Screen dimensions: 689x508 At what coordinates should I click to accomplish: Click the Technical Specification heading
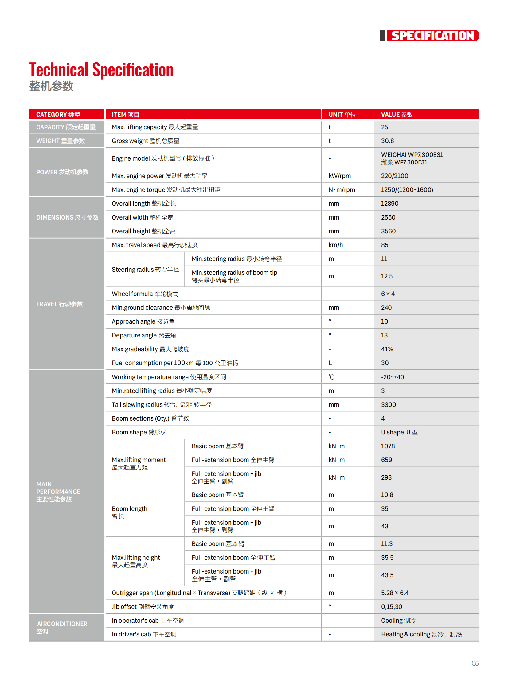(101, 70)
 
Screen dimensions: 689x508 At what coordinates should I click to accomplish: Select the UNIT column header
(342, 114)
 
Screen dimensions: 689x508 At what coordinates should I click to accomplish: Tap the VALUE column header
(397, 114)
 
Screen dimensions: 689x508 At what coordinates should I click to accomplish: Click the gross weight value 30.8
(388, 141)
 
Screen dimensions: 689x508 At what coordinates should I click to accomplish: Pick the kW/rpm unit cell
(339, 176)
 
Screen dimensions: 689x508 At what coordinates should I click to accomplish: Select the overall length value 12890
(390, 204)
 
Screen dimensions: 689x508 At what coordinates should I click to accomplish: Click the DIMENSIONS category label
(67, 217)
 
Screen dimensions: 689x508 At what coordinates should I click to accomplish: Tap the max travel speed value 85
(385, 245)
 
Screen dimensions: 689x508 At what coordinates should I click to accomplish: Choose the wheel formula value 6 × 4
(388, 294)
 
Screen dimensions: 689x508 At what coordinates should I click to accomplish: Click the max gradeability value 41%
(387, 349)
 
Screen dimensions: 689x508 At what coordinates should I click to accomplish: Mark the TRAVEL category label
(59, 304)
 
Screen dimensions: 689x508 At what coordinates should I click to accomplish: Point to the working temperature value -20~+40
(393, 377)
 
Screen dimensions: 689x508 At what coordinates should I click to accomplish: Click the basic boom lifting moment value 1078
(388, 446)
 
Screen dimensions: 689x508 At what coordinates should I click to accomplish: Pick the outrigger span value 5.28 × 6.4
(395, 593)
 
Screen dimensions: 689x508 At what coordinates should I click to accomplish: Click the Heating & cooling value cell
(421, 634)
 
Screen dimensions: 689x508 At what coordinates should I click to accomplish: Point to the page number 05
(475, 663)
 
